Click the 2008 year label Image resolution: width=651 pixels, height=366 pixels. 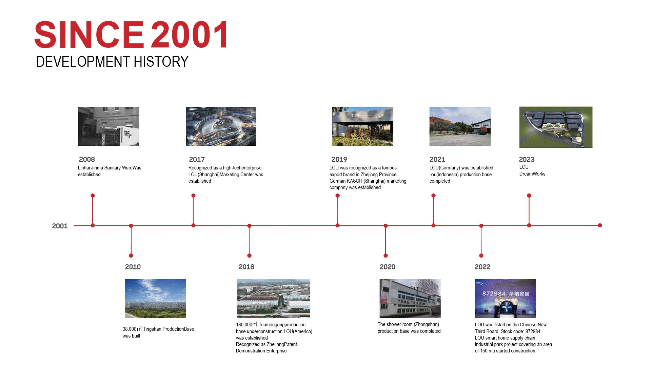[87, 159]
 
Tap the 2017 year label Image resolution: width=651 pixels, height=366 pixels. [197, 159]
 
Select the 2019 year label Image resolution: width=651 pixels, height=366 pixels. [339, 159]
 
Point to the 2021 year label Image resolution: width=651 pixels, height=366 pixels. [437, 159]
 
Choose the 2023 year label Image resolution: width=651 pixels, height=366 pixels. [527, 159]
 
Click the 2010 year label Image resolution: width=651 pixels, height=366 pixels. [133, 267]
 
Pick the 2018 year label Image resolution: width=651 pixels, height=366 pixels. [246, 267]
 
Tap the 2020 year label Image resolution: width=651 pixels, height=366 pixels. [387, 267]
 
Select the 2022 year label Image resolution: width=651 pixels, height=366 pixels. [482, 267]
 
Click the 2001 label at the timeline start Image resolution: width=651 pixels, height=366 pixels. [60, 226]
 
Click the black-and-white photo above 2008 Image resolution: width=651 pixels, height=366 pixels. [108, 126]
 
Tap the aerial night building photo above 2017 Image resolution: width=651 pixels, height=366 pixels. [221, 126]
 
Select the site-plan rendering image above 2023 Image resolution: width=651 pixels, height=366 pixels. [556, 127]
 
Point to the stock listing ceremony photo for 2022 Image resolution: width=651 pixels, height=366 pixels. [505, 299]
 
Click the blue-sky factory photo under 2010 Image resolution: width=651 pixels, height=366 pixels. [155, 299]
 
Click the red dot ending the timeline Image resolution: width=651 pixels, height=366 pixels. [600, 225]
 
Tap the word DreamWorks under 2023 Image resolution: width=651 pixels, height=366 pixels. [532, 174]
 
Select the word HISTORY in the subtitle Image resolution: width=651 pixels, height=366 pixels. [161, 62]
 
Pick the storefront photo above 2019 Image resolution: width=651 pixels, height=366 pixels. [362, 126]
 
